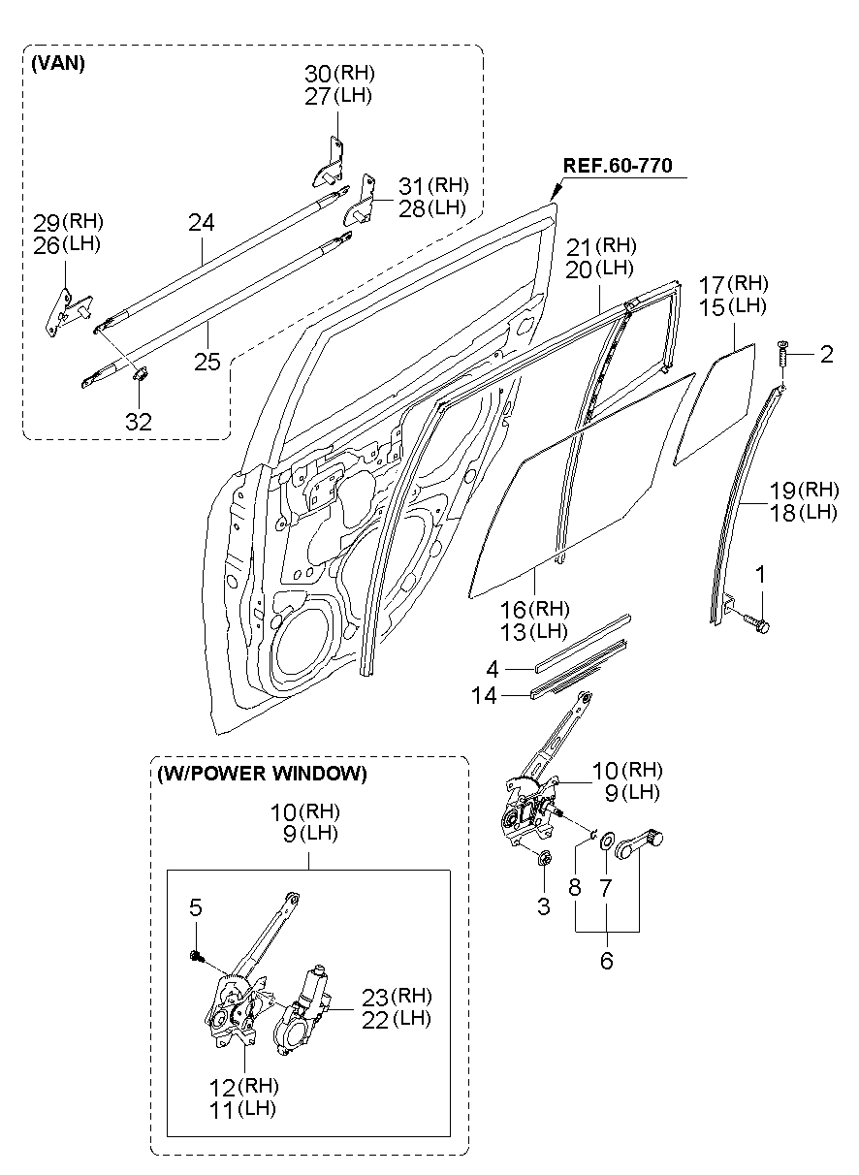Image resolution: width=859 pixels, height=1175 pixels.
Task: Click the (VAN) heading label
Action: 58,63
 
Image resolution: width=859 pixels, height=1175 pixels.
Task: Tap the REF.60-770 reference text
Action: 617,166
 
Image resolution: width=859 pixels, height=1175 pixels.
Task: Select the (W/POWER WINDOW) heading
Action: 262,774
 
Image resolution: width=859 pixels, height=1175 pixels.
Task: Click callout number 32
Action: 139,421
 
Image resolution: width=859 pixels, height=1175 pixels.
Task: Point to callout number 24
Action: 202,223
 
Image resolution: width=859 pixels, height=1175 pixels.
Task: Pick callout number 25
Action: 207,362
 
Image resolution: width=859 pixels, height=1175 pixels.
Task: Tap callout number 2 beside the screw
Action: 826,355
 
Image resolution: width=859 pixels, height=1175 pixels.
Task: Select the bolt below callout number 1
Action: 756,622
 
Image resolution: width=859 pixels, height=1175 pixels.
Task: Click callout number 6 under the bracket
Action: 607,961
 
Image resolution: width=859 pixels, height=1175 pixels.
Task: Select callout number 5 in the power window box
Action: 196,907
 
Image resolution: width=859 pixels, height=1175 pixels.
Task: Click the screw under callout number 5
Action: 197,956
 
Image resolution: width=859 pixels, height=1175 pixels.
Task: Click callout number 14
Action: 484,695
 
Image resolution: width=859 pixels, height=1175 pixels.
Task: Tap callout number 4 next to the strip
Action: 493,669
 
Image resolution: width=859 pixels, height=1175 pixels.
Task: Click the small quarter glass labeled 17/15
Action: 715,404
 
